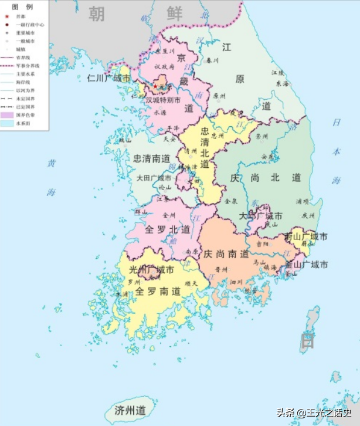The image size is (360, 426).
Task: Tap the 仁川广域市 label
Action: click(110, 77)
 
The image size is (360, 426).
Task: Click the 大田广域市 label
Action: click(153, 178)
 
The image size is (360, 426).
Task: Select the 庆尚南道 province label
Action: click(226, 254)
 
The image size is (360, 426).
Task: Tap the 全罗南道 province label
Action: click(159, 291)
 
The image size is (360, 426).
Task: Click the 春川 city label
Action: click(212, 60)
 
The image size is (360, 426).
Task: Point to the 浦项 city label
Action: click(302, 201)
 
